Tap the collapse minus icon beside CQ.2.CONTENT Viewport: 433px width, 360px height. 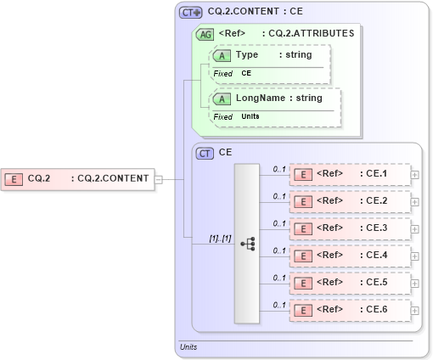point(159,179)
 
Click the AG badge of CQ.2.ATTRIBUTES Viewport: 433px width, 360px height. point(205,35)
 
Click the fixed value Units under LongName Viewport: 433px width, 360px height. point(250,116)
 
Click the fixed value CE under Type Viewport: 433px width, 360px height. point(246,74)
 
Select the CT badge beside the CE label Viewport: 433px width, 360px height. point(205,154)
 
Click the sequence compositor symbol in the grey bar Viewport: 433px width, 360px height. point(247,244)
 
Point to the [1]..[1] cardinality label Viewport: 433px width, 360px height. point(221,238)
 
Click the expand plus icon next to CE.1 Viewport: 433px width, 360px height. point(415,175)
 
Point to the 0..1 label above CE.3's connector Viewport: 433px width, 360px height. point(278,223)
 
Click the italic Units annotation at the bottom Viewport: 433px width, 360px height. point(188,347)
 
